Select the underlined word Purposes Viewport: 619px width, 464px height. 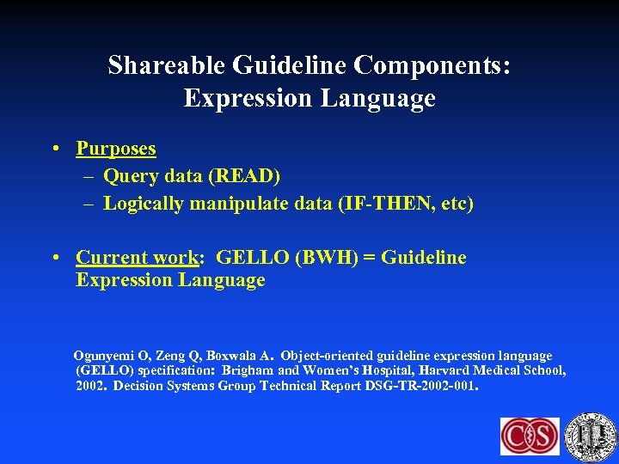tap(116, 149)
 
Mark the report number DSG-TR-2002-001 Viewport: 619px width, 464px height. tap(419, 387)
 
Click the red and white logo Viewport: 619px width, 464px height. tap(530, 437)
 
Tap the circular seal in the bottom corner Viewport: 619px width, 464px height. tap(592, 435)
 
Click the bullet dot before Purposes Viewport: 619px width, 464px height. tap(54, 149)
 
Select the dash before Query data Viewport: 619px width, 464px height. tap(89, 176)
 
